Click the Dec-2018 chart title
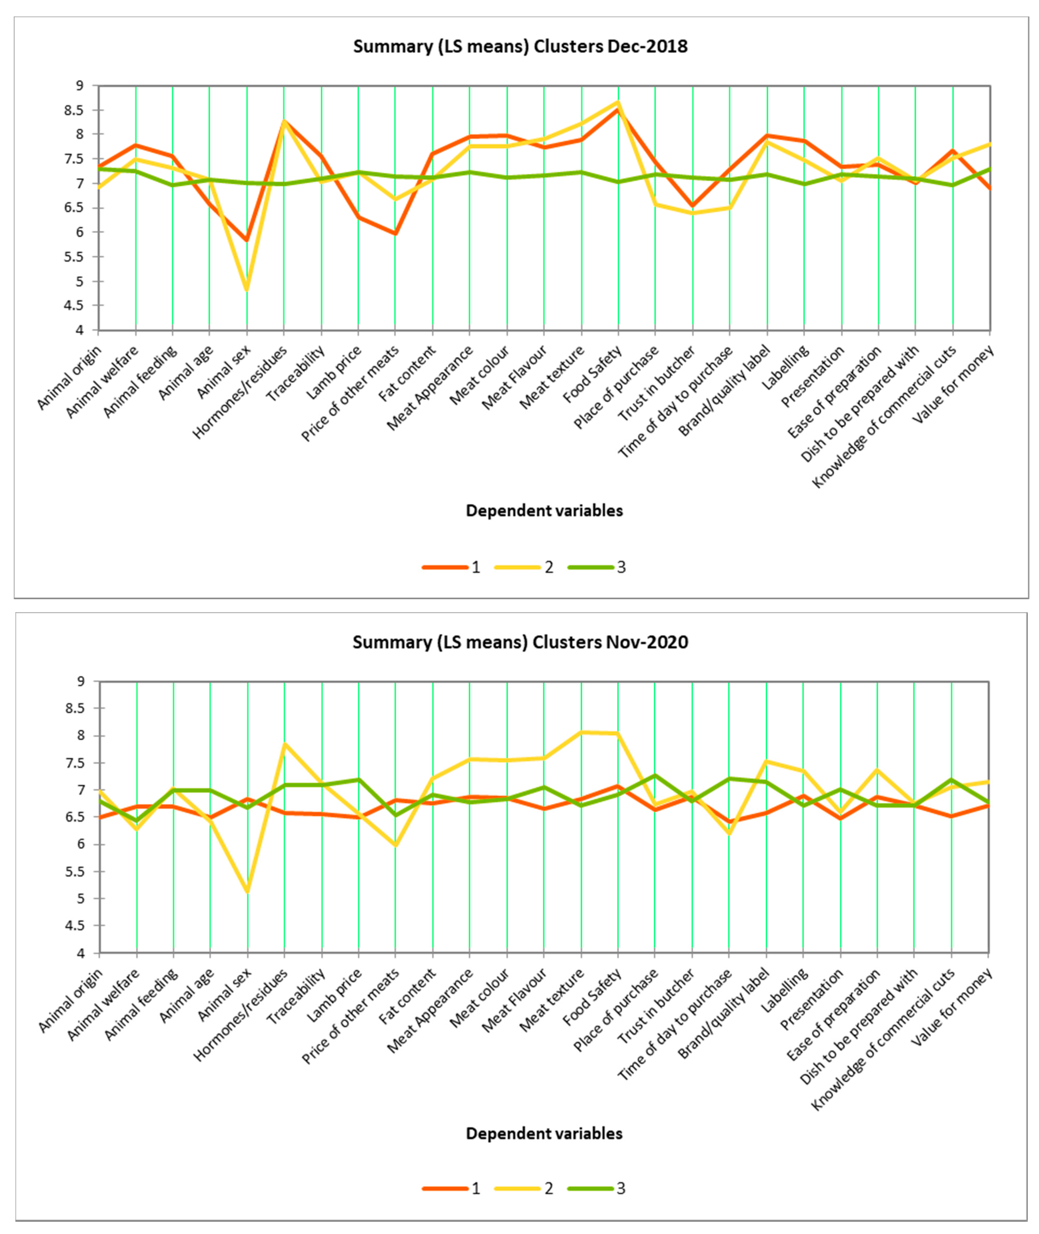click(520, 46)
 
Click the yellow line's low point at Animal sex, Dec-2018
click(247, 290)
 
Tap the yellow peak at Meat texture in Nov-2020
click(581, 732)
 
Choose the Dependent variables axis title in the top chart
click(544, 510)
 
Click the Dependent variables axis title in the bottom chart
click(544, 1133)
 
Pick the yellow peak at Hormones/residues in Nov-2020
click(285, 744)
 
